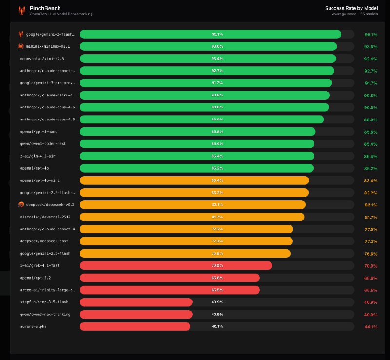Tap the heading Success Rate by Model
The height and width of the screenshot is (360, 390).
click(x=351, y=8)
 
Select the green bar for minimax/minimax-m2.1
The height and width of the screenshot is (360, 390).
click(x=208, y=46)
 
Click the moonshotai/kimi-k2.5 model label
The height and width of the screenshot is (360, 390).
click(x=42, y=59)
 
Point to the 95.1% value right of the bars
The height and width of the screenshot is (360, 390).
click(x=370, y=35)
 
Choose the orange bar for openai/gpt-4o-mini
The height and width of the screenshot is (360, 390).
click(x=194, y=180)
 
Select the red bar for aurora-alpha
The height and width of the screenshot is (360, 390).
click(x=135, y=326)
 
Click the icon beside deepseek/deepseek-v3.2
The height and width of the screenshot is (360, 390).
click(x=21, y=204)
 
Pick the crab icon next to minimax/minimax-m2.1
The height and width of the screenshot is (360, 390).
click(x=21, y=46)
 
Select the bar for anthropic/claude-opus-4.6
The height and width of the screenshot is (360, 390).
click(x=204, y=107)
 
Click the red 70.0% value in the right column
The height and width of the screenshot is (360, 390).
click(x=370, y=266)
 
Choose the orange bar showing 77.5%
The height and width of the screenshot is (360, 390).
click(x=186, y=229)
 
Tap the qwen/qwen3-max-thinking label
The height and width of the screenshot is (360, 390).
click(x=45, y=314)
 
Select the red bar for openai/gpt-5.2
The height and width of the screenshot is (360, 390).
click(x=170, y=278)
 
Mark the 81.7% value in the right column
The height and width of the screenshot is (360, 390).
click(x=370, y=217)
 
